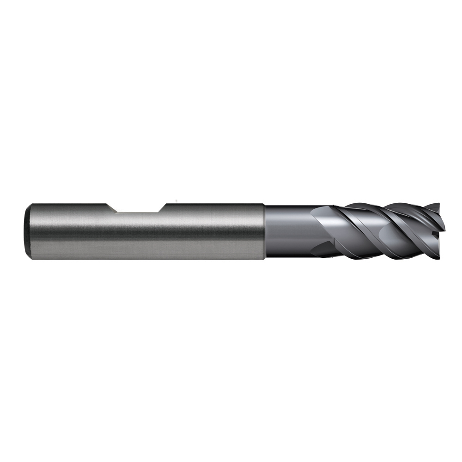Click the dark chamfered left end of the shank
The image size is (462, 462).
27,231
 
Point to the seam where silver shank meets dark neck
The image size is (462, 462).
264,231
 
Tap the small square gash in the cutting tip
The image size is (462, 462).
437,233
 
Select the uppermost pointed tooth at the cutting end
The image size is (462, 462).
437,205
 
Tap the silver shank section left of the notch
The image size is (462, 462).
65,231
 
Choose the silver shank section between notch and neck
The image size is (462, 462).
213,231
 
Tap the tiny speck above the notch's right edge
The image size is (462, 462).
176,201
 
